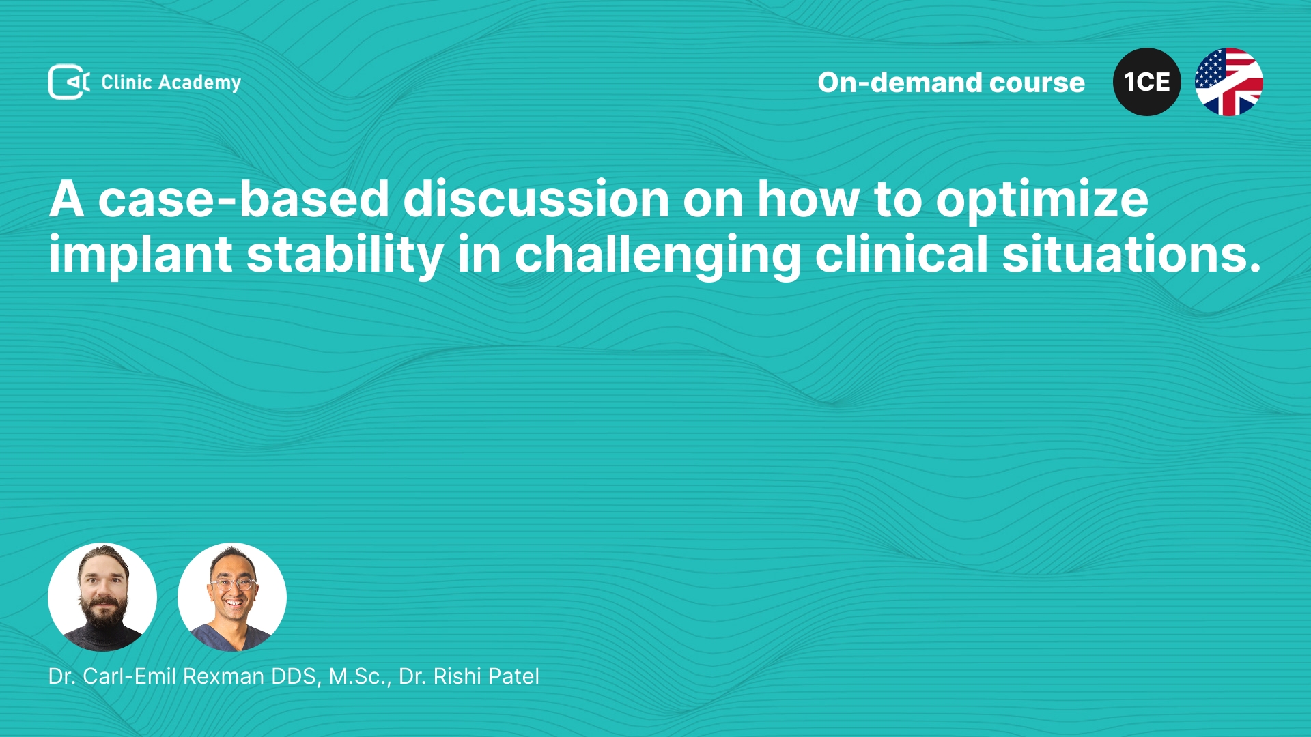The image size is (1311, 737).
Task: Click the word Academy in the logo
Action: (199, 83)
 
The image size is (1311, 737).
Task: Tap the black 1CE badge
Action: (1147, 82)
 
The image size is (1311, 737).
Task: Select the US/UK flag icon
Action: (1229, 82)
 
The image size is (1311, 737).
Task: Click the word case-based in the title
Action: (244, 199)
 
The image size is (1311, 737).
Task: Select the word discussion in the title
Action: (536, 199)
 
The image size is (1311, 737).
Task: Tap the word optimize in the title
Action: (1042, 201)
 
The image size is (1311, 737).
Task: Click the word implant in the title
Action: (141, 255)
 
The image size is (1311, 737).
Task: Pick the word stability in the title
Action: (346, 255)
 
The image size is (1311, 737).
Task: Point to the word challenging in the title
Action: (658, 255)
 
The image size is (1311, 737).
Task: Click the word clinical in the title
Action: (901, 254)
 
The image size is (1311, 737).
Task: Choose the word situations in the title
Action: (1131, 254)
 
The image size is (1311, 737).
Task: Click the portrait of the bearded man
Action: (102, 597)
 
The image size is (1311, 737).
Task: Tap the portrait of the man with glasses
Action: (232, 597)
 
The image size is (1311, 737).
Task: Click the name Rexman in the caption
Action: (224, 676)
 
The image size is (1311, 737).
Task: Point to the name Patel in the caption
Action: (513, 676)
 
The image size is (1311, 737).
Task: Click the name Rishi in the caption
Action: (457, 676)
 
